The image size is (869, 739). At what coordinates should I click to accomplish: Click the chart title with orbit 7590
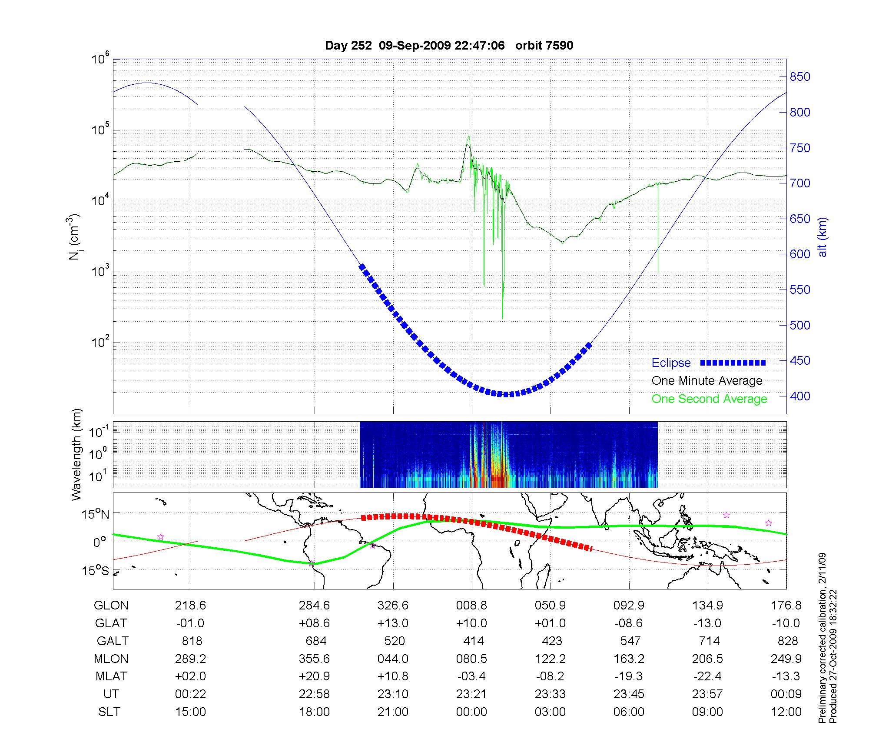click(449, 45)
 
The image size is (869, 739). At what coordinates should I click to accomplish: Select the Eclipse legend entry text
click(671, 363)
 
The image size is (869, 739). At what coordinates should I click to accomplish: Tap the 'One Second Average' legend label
click(709, 399)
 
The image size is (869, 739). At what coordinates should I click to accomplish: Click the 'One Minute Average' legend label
click(707, 381)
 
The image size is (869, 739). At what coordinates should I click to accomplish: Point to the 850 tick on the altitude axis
click(800, 77)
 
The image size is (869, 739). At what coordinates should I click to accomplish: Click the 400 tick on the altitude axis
click(800, 396)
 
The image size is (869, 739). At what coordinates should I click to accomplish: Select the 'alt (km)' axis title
click(823, 237)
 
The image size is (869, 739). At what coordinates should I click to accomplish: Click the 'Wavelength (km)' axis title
click(77, 454)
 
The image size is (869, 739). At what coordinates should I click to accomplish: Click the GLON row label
click(111, 606)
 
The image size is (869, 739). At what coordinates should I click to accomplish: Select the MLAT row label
click(111, 676)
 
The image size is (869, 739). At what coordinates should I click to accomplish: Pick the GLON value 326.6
click(393, 606)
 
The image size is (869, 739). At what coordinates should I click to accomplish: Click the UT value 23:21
click(471, 694)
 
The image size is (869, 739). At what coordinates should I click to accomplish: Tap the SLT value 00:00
click(471, 712)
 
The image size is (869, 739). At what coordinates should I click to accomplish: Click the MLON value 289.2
click(190, 659)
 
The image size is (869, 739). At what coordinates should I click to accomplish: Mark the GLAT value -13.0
click(707, 623)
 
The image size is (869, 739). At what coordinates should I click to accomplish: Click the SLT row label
click(109, 712)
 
